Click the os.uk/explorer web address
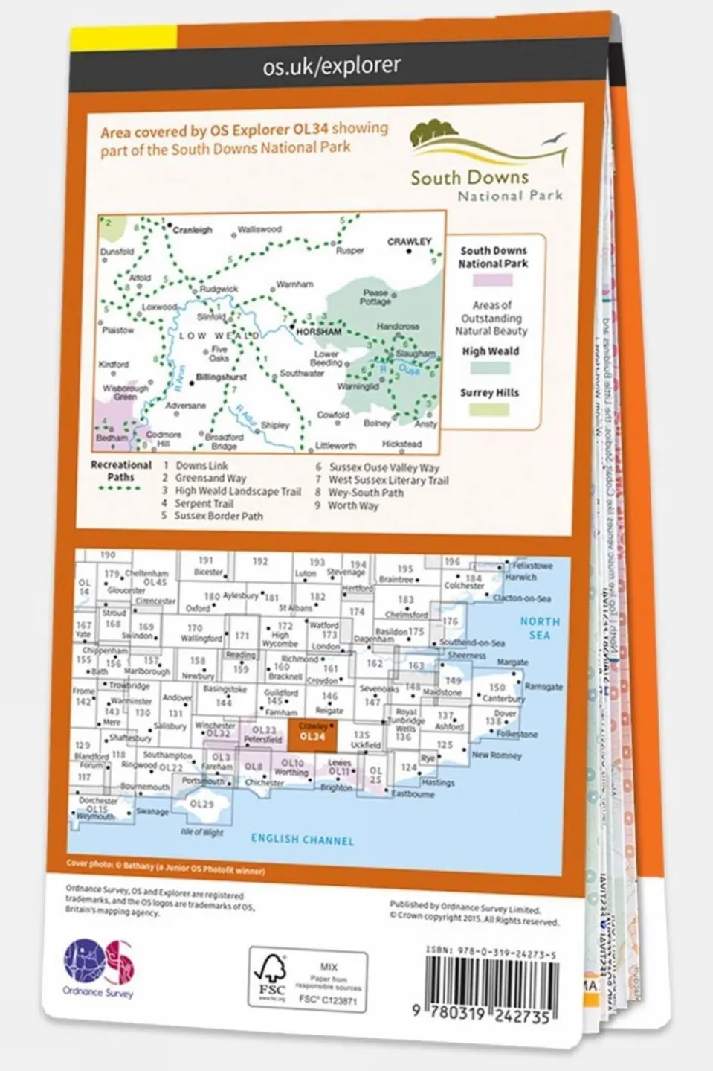pos(332,66)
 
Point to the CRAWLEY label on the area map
pos(409,242)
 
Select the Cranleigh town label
pos(193,231)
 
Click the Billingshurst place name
pos(221,377)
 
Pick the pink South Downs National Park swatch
pos(493,280)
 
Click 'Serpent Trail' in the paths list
pos(204,504)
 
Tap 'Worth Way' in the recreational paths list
pos(353,505)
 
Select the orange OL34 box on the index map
pos(312,736)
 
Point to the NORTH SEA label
pos(540,628)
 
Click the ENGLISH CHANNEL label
pos(302,840)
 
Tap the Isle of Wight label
pos(202,832)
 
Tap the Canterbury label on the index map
pos(504,699)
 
